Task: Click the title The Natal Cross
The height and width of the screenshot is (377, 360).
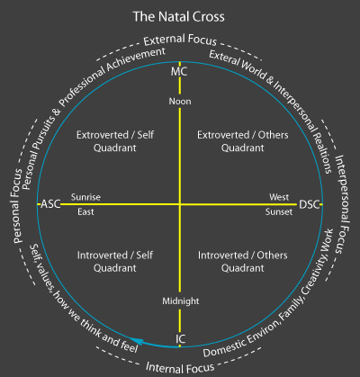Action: [179, 17]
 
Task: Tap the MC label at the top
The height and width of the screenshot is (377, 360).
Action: [179, 72]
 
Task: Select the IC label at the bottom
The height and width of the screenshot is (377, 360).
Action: [180, 339]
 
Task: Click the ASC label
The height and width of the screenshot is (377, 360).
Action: [50, 204]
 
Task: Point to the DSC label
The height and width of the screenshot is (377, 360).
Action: [309, 204]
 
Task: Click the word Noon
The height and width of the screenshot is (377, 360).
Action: [180, 102]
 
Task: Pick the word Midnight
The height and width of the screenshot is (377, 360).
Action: [181, 301]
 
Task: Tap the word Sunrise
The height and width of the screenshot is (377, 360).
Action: [85, 197]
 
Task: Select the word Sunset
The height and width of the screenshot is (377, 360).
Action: [279, 212]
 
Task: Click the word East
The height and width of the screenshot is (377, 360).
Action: [85, 211]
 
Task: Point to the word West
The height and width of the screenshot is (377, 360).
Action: [279, 197]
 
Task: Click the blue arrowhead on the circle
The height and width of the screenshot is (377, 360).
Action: [137, 341]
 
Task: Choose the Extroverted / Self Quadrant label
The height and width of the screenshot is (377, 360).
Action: [115, 141]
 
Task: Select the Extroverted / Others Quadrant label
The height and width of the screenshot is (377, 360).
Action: [243, 141]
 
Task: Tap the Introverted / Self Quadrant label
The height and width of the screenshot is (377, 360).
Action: [115, 262]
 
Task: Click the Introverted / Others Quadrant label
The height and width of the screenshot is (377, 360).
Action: [243, 262]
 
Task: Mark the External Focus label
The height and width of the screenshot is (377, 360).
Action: [180, 40]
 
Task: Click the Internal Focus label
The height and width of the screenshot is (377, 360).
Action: [180, 368]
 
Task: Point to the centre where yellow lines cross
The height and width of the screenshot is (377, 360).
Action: [180, 204]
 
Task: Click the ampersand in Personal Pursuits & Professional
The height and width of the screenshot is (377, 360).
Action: [57, 112]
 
